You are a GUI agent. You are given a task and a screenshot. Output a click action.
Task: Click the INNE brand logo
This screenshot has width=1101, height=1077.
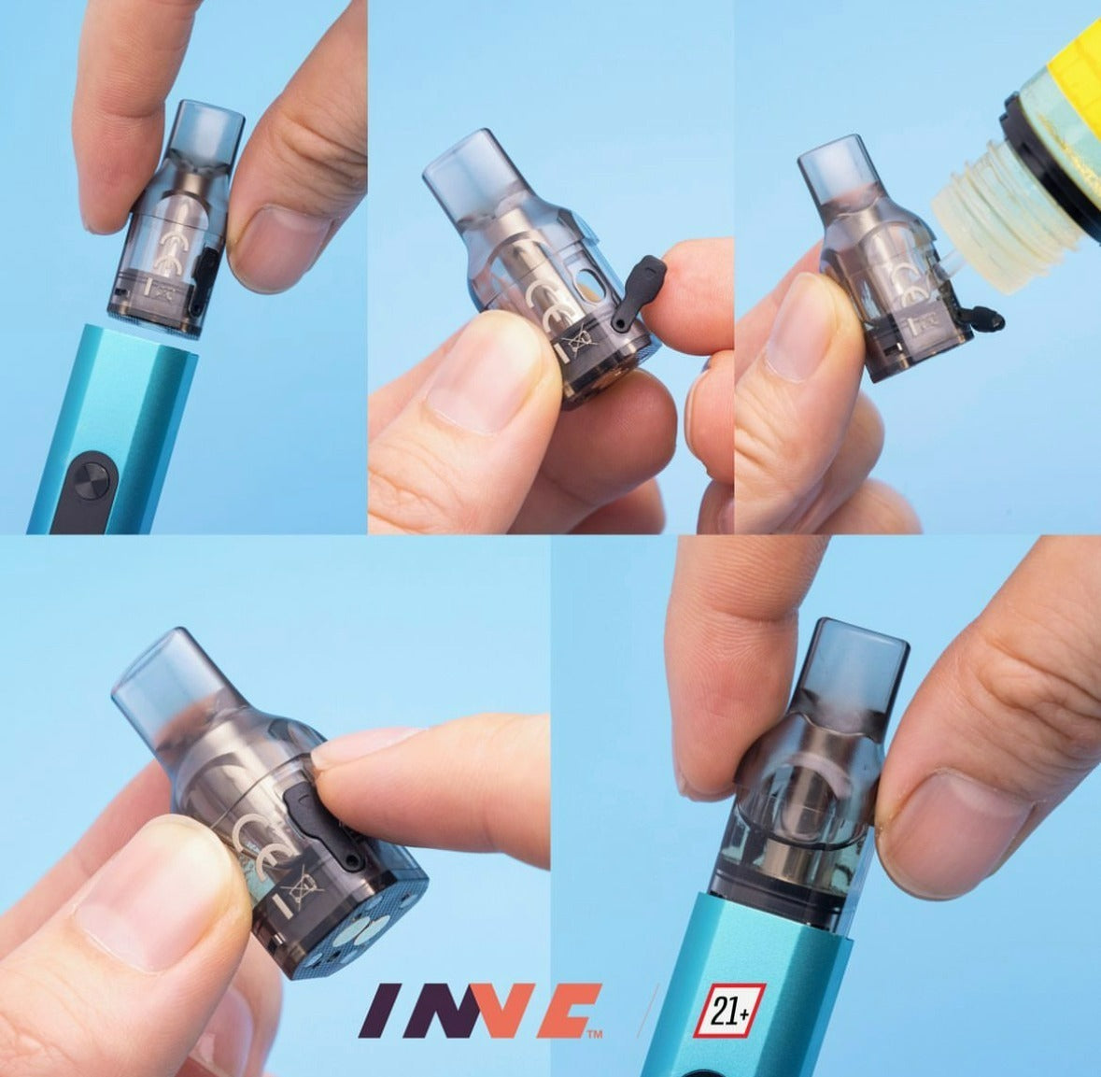[x=480, y=1011]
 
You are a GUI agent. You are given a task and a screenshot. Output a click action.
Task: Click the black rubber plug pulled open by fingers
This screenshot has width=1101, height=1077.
[x=637, y=292]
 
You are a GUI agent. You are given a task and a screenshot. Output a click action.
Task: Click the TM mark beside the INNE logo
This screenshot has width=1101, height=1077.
[x=595, y=1033]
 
